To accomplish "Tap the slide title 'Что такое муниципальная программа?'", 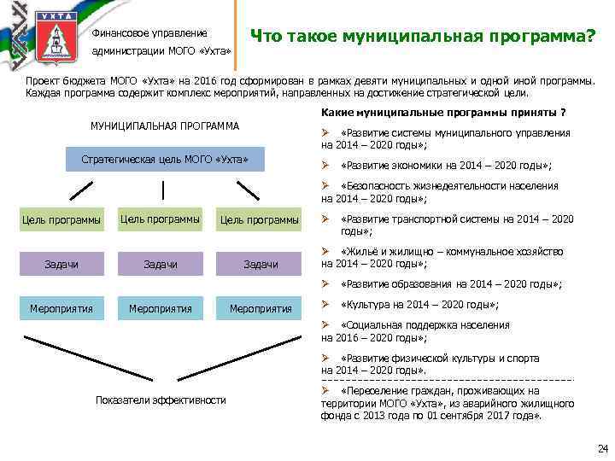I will point(422,37).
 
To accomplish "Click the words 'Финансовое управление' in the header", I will point(149,33).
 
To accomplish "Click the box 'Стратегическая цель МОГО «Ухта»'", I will point(165,160).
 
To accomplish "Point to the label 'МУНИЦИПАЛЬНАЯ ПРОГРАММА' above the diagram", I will point(165,126).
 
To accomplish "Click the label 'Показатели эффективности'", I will point(161,400).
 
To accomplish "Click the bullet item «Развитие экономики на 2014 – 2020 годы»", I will point(444,165).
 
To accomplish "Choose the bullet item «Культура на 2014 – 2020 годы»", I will point(419,304).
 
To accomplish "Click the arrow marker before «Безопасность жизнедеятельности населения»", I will point(325,185).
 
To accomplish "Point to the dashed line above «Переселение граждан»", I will point(448,378).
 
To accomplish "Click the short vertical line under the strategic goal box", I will point(165,186).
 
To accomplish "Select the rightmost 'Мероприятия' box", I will point(261,308).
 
